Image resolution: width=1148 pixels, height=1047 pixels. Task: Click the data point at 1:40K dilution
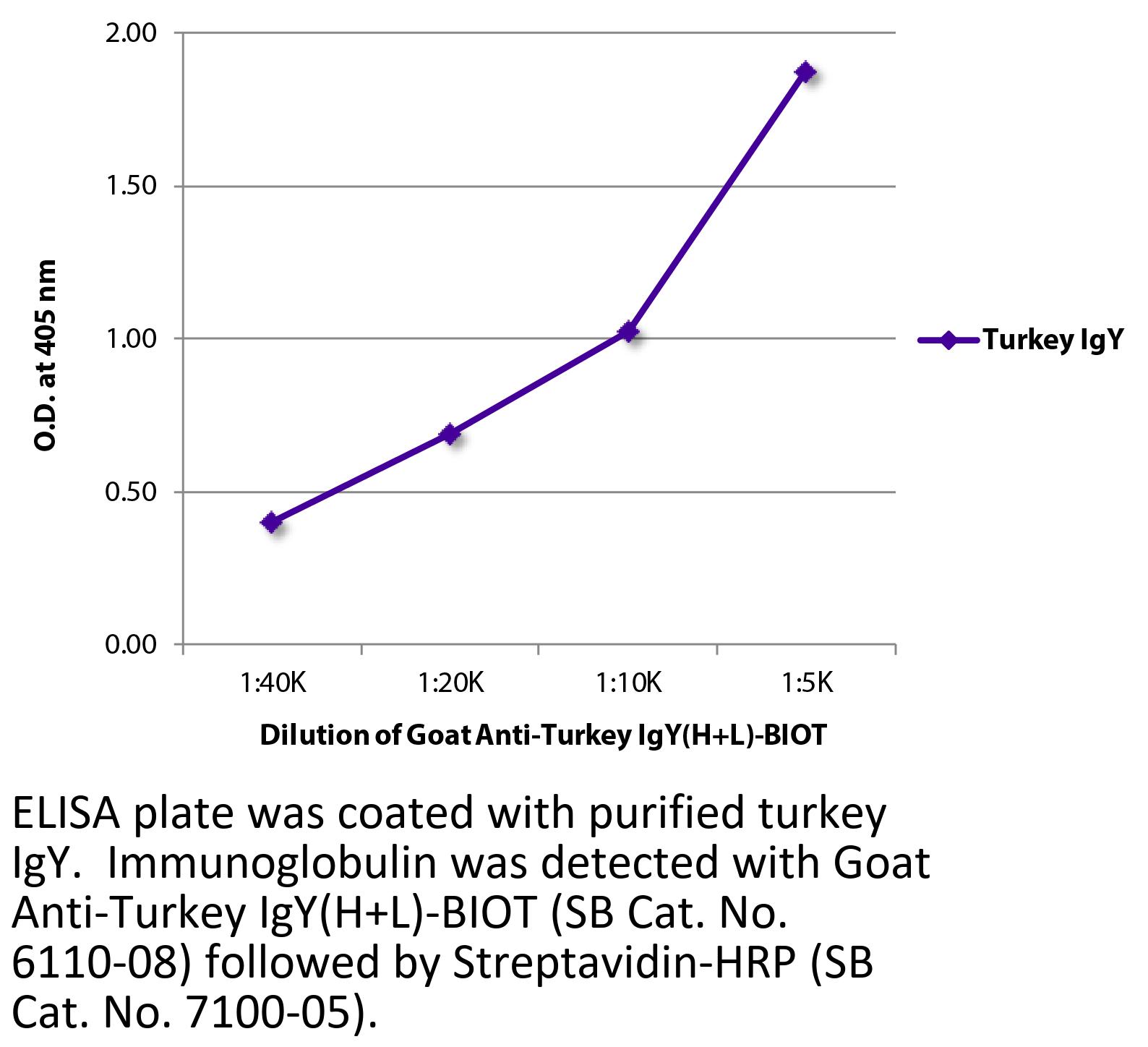(272, 521)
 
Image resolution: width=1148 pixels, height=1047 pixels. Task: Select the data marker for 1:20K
(450, 434)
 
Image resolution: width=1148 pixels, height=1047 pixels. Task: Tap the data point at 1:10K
(629, 331)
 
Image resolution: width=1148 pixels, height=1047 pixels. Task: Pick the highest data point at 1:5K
(806, 72)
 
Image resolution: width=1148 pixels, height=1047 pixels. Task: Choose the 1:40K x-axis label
(274, 683)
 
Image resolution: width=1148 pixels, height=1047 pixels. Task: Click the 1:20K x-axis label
(451, 683)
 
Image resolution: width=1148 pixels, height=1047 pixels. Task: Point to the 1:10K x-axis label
(629, 683)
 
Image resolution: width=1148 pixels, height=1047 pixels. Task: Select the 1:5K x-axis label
(808, 683)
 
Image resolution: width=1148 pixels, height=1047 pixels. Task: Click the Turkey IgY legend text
(1052, 340)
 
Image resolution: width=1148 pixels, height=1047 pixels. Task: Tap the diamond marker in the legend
(948, 340)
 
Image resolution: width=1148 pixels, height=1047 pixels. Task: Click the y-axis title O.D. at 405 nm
(45, 355)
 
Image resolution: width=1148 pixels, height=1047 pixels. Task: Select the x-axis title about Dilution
(542, 736)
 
